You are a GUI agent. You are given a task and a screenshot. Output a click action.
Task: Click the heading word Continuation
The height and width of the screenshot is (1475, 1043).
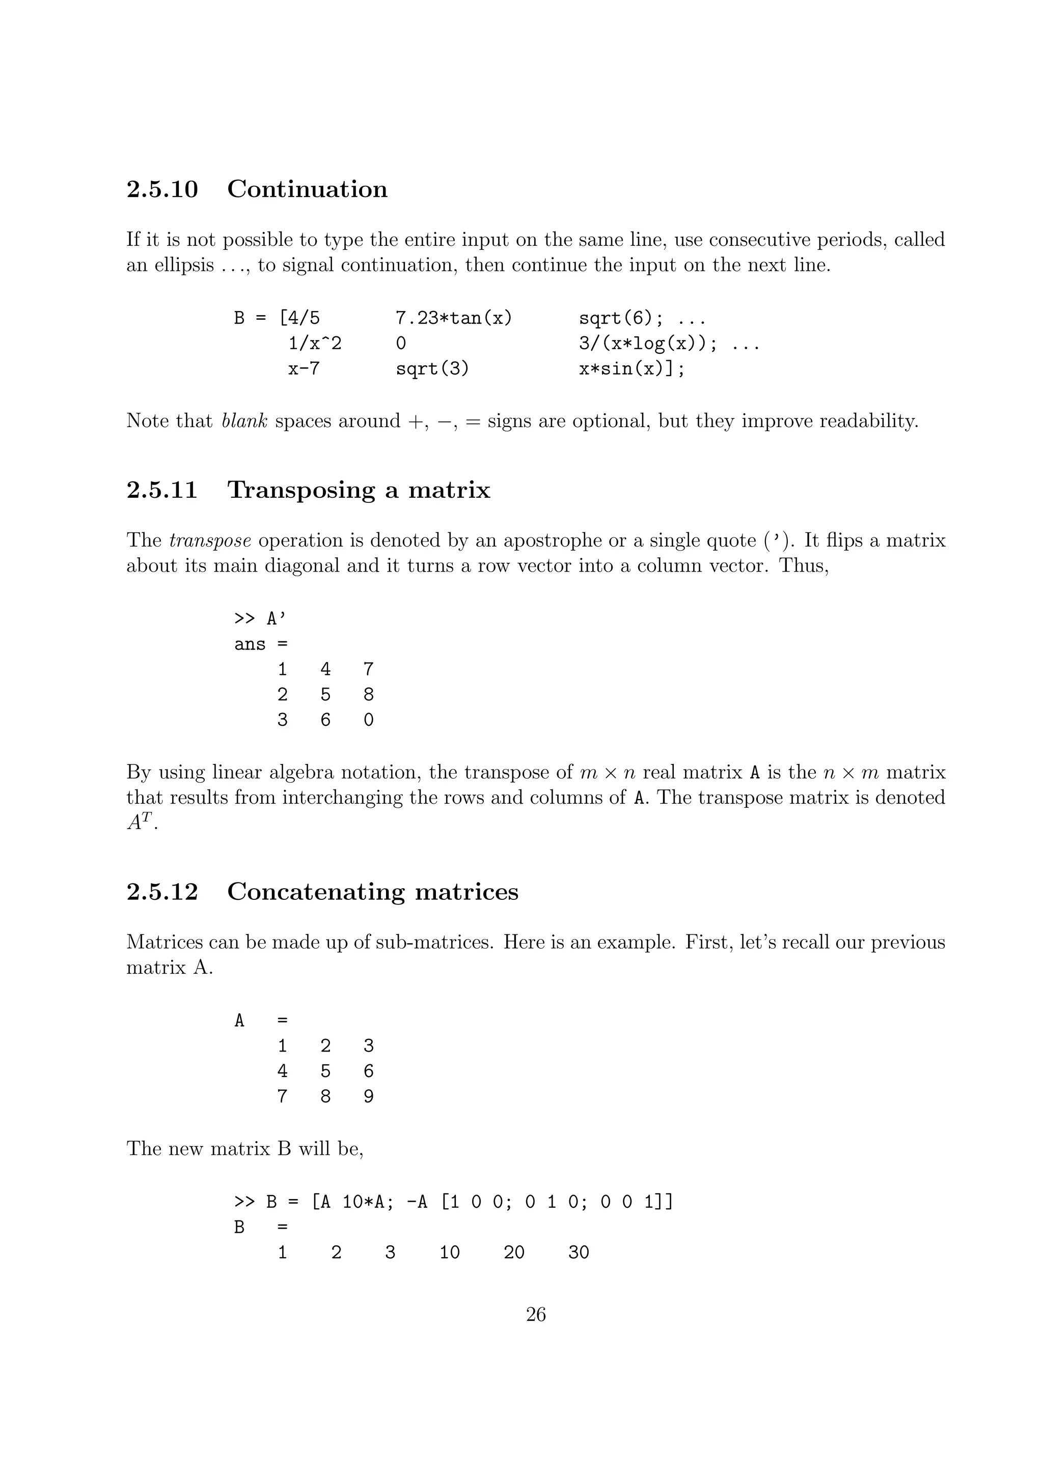tap(307, 189)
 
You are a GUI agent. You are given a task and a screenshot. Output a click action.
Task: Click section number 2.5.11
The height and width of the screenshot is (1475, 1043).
tap(162, 490)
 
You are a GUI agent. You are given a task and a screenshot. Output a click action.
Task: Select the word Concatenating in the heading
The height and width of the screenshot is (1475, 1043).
tap(316, 892)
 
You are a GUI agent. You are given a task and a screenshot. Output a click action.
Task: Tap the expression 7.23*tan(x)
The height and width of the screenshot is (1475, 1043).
tap(454, 318)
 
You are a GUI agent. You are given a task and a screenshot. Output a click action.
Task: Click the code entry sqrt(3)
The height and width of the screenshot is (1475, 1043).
tap(432, 368)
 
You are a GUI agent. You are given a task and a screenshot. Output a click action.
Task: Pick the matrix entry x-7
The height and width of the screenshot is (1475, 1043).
tap(304, 368)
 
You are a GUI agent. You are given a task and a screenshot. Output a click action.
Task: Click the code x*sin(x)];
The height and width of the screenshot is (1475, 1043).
tap(632, 368)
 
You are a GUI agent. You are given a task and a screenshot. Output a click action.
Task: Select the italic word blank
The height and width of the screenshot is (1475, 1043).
tap(244, 421)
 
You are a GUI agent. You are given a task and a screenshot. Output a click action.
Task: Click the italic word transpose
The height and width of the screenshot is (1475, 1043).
tap(210, 541)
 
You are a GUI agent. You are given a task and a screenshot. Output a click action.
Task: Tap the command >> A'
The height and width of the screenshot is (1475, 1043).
tap(260, 618)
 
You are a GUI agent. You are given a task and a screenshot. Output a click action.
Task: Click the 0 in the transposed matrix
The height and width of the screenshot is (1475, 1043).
tap(368, 720)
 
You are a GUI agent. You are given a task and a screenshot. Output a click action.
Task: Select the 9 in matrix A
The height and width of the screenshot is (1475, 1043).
tap(368, 1096)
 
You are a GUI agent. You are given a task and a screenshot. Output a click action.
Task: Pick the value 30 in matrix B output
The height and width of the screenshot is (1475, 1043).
tap(579, 1252)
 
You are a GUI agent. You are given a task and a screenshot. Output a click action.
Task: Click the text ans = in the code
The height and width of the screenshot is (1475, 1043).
tap(261, 644)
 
